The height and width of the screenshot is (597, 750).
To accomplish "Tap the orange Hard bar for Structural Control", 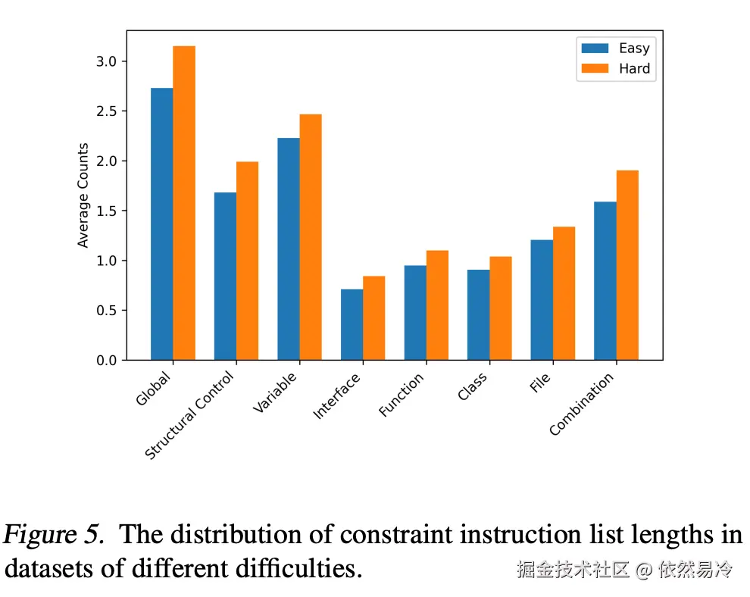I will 247,261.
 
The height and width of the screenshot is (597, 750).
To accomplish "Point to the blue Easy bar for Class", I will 478,314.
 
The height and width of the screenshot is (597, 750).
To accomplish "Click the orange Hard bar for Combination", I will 627,265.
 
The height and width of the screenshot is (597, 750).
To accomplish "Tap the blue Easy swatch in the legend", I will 595,48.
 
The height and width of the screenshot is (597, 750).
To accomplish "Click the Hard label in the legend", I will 634,68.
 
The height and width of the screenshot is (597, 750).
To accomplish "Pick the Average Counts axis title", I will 83,195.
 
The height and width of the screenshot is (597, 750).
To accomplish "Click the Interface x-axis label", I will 338,395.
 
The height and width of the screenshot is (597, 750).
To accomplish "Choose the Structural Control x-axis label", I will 191,415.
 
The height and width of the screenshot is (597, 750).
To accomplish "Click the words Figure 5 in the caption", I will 53,535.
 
